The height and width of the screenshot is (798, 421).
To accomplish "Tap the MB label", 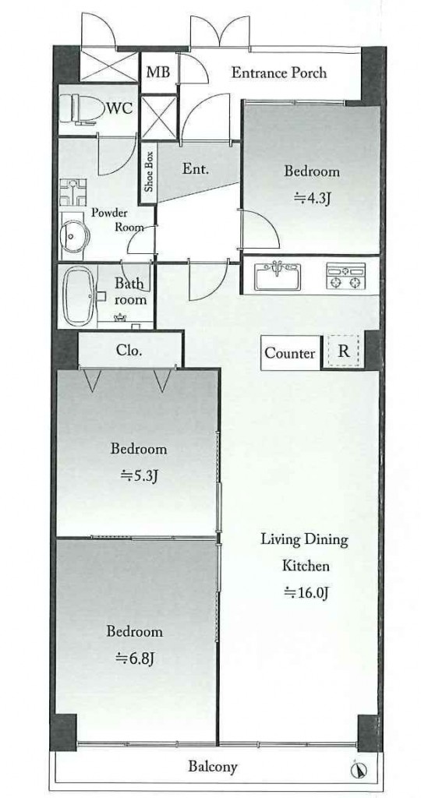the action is point(157,72).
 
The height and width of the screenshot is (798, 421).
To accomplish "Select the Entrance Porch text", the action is point(279,72).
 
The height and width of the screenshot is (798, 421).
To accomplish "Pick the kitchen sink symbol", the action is point(278,277).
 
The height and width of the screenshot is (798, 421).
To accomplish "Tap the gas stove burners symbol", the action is point(345,277).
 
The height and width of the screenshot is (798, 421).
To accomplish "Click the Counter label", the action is point(290,353).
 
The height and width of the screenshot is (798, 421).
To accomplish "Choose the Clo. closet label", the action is point(129,351).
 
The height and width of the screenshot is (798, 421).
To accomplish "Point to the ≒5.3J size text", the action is point(139,476).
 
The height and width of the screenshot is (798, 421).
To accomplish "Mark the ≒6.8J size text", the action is point(135,659).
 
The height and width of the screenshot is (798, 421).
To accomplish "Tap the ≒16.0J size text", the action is point(304,592).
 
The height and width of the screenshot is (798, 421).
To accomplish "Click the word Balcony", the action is point(213,767).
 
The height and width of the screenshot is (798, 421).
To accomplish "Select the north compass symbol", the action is point(358,771).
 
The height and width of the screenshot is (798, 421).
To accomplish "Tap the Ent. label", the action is point(196,169).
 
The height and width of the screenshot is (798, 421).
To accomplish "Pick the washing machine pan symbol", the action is point(73,192).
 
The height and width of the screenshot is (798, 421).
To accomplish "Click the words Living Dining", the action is point(304,539).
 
